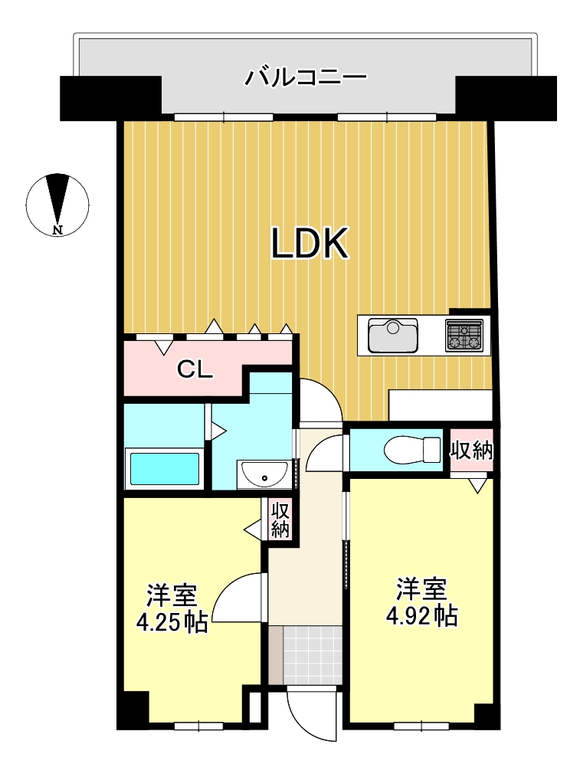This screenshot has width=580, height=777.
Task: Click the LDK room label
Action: click(310, 244)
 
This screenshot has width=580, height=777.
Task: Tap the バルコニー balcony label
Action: click(306, 78)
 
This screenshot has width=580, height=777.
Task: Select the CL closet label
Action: click(195, 369)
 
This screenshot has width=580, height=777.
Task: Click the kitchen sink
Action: click(393, 336)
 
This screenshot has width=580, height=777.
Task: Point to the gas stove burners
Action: click(464, 336)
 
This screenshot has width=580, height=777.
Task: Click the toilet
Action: click(412, 450)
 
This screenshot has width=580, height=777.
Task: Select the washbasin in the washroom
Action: click(264, 474)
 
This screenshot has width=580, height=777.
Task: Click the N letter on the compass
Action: click(58, 229)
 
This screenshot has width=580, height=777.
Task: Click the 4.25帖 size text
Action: click(172, 622)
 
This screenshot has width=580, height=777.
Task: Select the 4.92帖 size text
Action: click(421, 616)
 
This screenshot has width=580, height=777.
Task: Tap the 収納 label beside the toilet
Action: click(471, 451)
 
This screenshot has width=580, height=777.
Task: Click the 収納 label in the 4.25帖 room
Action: click(280, 520)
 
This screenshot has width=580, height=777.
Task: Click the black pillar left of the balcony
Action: click(111, 98)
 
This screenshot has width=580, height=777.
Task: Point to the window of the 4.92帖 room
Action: click(421, 726)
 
